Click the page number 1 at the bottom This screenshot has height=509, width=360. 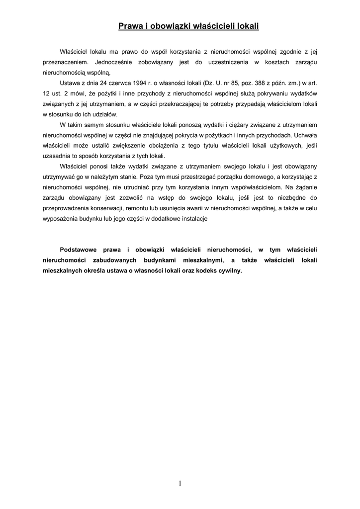coord(180,483)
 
